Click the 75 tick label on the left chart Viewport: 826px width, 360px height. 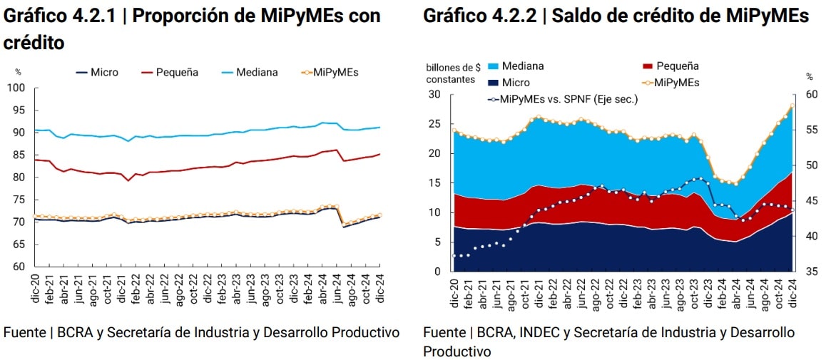pos(19,200)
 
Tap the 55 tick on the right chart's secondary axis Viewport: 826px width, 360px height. pos(812,130)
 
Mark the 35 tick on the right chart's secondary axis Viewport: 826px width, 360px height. pos(812,272)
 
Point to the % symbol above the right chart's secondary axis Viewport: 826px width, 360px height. pos(810,76)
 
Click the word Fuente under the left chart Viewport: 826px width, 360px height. pos(23,332)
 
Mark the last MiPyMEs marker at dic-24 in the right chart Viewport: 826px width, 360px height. pos(792,106)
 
